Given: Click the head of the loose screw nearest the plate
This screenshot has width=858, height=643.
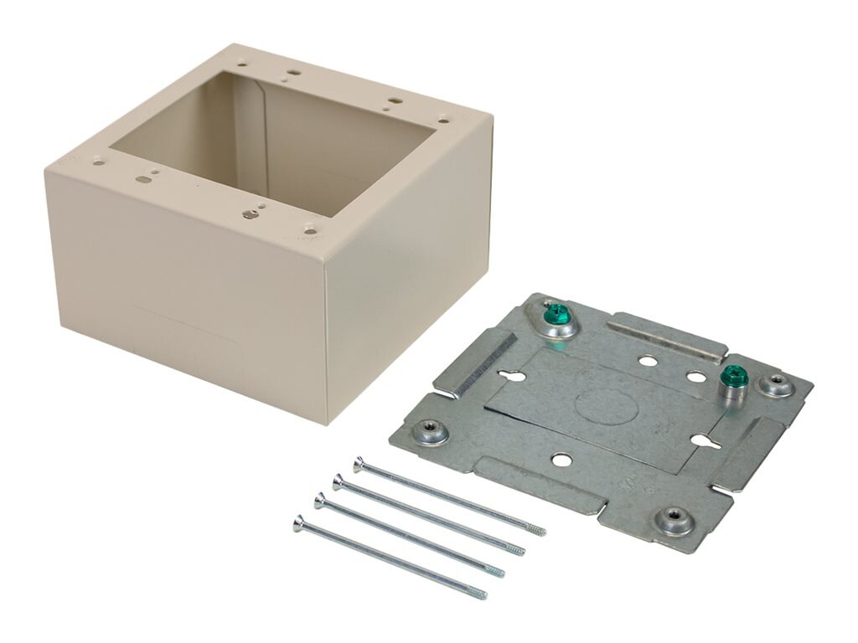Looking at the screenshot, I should pyautogui.click(x=359, y=462).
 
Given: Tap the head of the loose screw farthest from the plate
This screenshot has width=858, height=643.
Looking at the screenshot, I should pyautogui.click(x=299, y=523).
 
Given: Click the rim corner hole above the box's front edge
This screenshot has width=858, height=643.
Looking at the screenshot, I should pyautogui.click(x=311, y=227).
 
